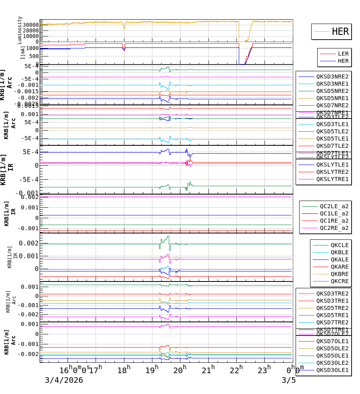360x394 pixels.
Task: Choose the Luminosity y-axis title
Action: [20, 30]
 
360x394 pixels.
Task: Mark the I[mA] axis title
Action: [22, 52]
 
